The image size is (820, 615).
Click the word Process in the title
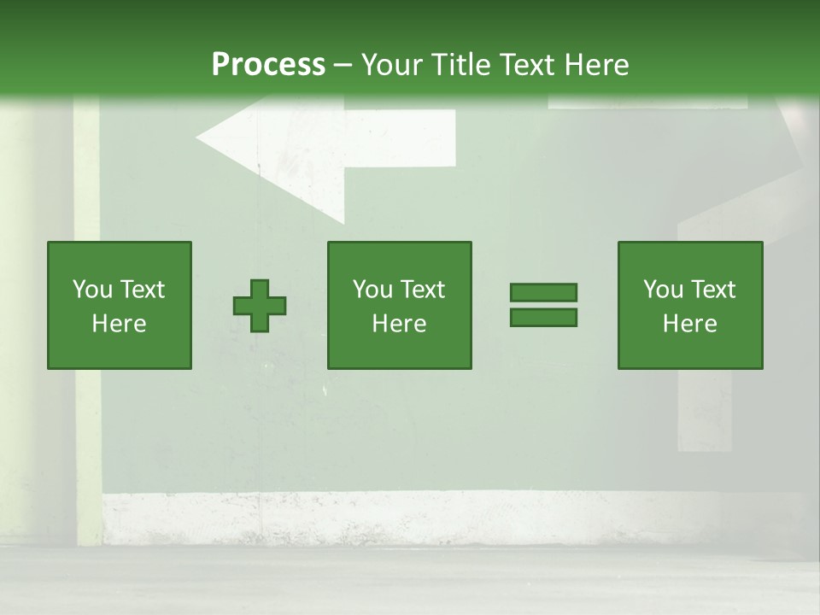[x=268, y=65]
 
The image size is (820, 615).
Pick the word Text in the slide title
[x=524, y=65]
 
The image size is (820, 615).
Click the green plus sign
[x=260, y=306]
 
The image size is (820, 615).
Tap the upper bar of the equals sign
[x=543, y=292]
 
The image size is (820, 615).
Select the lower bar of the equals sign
[x=543, y=318]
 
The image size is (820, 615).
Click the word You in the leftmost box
[x=92, y=290]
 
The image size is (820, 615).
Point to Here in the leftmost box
[x=119, y=324]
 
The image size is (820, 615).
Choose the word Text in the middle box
[x=423, y=290]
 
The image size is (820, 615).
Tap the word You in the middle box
[x=372, y=290]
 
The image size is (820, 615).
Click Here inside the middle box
[x=399, y=324]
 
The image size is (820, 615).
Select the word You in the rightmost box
[x=663, y=290]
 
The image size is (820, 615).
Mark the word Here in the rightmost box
[x=689, y=324]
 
